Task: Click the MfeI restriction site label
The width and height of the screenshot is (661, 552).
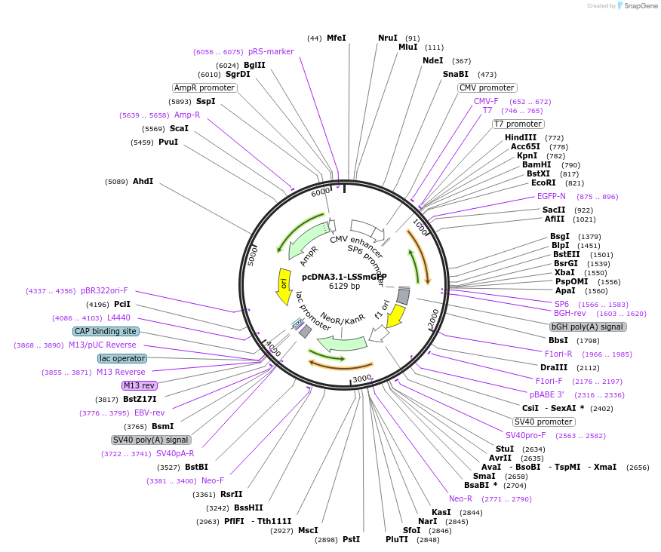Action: pyautogui.click(x=337, y=38)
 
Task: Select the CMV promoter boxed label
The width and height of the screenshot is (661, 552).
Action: pyautogui.click(x=487, y=87)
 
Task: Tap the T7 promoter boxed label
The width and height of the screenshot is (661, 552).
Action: pyautogui.click(x=518, y=124)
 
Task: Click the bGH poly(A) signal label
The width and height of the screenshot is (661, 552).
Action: pyautogui.click(x=587, y=327)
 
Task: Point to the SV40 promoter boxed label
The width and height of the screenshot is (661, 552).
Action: pyautogui.click(x=543, y=422)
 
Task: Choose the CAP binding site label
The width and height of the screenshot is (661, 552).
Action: pyautogui.click(x=106, y=331)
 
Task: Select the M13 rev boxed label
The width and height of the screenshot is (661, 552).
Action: pyautogui.click(x=140, y=385)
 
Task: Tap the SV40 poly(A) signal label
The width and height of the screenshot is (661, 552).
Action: pyautogui.click(x=151, y=440)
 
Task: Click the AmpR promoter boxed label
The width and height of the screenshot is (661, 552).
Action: pyautogui.click(x=204, y=87)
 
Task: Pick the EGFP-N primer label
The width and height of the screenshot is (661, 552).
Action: pyautogui.click(x=551, y=196)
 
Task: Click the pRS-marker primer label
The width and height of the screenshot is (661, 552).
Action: pyautogui.click(x=271, y=51)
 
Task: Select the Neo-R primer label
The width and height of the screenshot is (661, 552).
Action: pyautogui.click(x=460, y=498)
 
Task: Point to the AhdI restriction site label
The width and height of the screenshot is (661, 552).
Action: pyautogui.click(x=143, y=181)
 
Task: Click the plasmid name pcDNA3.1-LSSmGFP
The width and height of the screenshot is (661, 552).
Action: pyautogui.click(x=344, y=277)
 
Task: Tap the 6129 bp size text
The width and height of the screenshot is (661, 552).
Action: pyautogui.click(x=344, y=286)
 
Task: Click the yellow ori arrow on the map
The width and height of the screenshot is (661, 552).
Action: pyautogui.click(x=284, y=286)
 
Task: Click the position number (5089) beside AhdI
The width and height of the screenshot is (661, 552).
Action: pyautogui.click(x=118, y=182)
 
